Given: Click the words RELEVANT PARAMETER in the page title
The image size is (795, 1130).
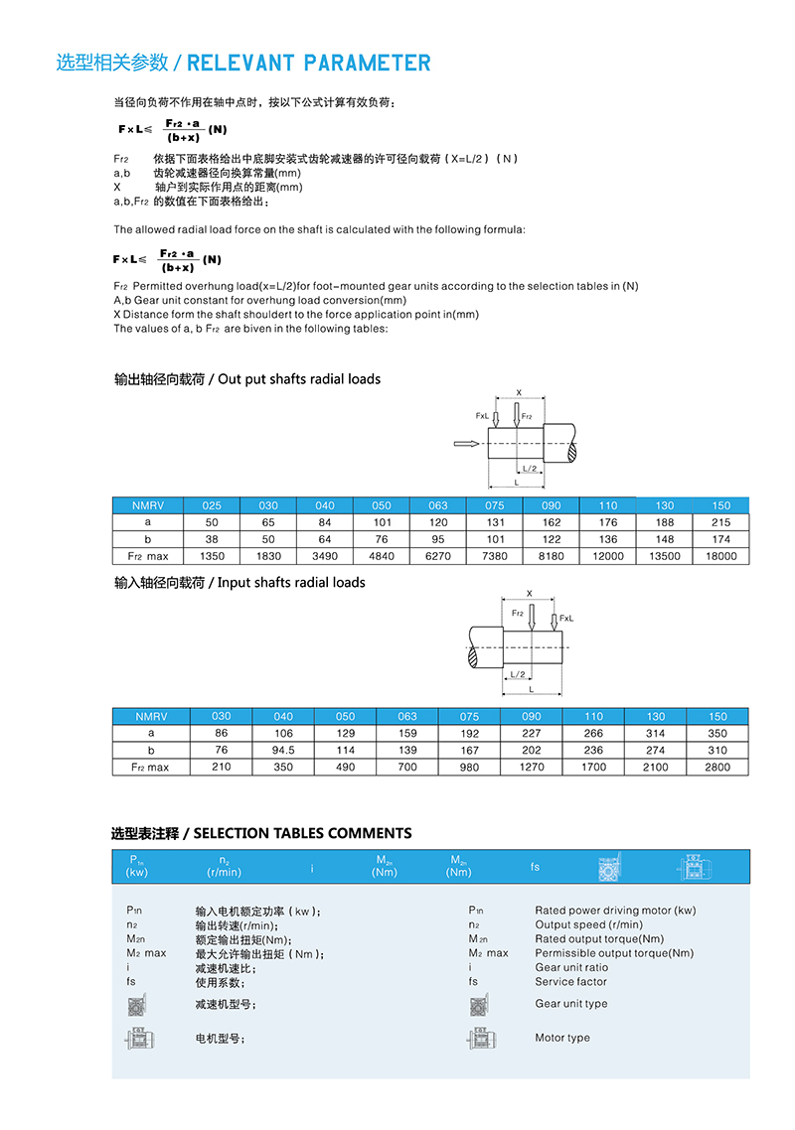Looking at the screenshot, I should point(309,64).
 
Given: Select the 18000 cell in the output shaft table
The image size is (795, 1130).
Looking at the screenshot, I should point(721,556).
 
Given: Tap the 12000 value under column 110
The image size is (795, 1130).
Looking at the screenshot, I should point(608,556).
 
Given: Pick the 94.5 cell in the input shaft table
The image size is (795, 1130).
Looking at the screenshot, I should point(283,750).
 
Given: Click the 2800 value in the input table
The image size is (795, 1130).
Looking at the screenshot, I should point(716,767).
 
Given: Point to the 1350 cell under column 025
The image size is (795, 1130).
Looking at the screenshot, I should point(212,556).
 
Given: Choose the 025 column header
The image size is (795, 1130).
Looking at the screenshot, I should point(212,505).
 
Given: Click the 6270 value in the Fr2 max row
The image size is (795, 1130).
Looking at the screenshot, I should point(438,556).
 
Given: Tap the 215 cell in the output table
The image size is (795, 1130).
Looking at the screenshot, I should point(721,522).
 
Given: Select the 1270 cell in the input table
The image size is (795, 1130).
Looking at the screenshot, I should point(532,767).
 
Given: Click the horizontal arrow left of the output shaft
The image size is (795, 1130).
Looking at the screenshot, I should point(465,444).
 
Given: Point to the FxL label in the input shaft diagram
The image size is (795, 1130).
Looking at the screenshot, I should point(566,619).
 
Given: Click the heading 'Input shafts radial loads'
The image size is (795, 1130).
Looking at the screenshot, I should point(291,583).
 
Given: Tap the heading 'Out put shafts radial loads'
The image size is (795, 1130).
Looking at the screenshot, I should point(299,379).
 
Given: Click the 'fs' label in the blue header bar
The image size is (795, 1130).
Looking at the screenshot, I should point(535,867).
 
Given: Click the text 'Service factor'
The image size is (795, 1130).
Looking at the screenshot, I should point(570,982).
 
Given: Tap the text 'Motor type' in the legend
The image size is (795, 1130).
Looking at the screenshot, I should point(562,1038).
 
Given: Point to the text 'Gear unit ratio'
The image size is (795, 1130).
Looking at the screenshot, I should point(571,967).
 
